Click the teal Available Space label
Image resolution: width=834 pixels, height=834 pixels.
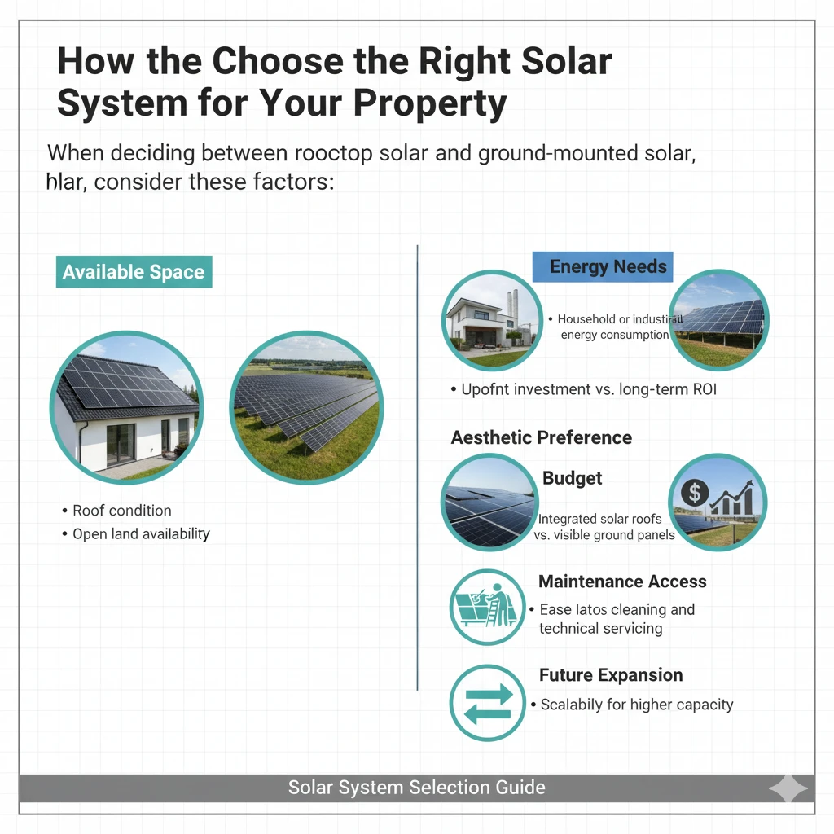134,272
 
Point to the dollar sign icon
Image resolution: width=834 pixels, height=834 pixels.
696,492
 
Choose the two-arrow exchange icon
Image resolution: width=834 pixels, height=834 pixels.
487,704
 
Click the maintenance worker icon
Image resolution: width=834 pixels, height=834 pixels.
487,608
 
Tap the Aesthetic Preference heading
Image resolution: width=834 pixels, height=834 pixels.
542,437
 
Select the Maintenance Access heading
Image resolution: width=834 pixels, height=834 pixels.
622,582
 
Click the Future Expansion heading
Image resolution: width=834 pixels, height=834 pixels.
611,675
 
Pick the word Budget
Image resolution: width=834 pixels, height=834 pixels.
573,478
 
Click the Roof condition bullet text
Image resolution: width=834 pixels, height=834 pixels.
122,511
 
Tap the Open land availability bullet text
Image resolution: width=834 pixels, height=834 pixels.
141,534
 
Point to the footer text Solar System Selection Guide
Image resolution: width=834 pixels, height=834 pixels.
417,788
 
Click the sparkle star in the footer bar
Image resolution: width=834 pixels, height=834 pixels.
788,788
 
